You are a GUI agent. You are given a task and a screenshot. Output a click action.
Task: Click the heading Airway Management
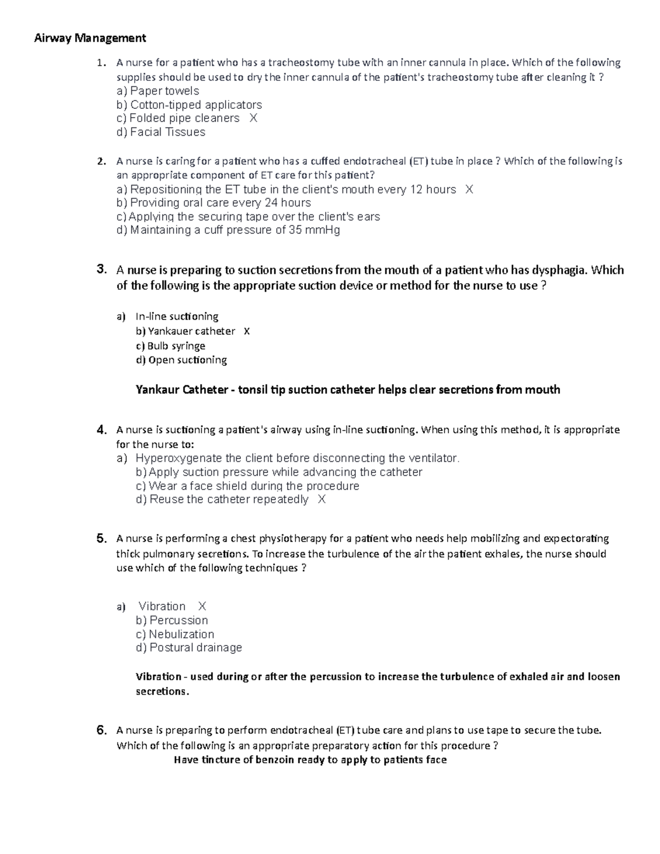coord(90,38)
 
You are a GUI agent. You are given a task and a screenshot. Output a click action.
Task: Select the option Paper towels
coord(158,91)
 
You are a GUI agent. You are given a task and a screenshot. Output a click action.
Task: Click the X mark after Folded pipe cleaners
coord(253,118)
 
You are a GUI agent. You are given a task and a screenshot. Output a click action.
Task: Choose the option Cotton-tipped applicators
coord(189,104)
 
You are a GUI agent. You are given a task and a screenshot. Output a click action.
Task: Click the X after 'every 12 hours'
coord(469,190)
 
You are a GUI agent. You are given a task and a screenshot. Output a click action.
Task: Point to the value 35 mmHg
coord(315,230)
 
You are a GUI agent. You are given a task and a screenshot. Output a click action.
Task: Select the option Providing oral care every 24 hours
coord(213,203)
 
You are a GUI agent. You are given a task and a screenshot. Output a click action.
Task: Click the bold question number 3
coord(101,269)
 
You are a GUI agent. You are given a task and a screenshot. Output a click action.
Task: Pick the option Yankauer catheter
coord(185,331)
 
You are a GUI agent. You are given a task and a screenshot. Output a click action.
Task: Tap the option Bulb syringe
coord(170,346)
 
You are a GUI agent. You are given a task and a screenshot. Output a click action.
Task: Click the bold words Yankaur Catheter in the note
coord(182,390)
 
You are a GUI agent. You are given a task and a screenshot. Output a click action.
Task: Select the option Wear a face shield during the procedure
coord(247,486)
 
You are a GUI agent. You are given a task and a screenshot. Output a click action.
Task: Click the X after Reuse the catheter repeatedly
coord(322,499)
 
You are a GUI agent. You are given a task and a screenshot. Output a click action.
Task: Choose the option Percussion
coord(172,620)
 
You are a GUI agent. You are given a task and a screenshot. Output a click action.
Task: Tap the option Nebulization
coord(175,634)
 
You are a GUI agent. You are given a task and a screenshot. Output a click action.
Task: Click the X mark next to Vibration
coord(202,607)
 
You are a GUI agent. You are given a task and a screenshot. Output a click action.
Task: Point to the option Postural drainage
coord(189,648)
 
